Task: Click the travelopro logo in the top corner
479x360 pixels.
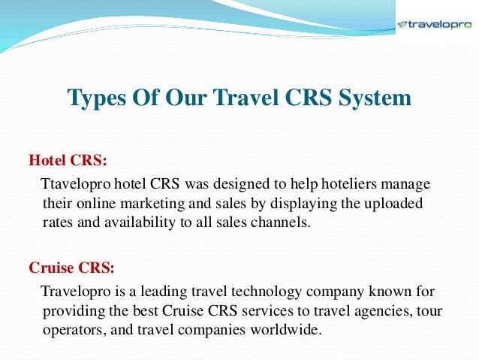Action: coord(435,23)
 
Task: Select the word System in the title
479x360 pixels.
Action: coord(375,99)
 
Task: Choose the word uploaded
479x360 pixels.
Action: coord(396,204)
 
